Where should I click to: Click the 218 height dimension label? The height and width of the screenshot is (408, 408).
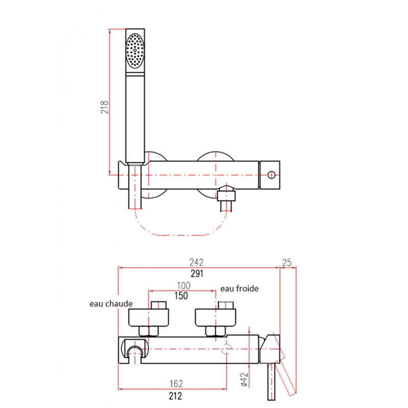click(x=105, y=107)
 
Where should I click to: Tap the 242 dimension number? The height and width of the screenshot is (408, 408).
click(x=196, y=262)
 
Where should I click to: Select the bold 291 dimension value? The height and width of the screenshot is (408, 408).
click(x=197, y=274)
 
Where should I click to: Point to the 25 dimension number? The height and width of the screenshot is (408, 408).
click(x=287, y=263)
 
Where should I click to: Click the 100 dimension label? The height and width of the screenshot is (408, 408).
click(x=184, y=286)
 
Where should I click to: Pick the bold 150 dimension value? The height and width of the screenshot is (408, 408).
click(x=181, y=296)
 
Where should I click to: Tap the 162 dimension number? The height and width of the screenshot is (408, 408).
click(x=176, y=384)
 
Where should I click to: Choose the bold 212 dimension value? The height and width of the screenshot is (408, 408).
click(x=175, y=396)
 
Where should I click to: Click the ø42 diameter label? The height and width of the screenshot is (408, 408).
click(x=244, y=379)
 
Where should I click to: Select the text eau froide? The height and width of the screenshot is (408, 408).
click(x=239, y=289)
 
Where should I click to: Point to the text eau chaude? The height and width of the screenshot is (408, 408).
click(x=111, y=303)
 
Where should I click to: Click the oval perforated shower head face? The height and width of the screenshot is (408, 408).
click(x=135, y=50)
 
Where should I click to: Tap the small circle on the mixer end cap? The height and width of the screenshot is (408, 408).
click(x=271, y=175)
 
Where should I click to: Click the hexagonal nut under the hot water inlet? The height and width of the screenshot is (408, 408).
click(x=148, y=331)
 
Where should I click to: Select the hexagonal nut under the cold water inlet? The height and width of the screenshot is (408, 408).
click(x=215, y=331)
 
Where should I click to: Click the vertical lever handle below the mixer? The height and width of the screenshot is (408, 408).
click(x=271, y=381)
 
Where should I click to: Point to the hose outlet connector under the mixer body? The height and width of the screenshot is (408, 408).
click(x=226, y=198)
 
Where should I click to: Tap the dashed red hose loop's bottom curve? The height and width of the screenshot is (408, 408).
click(x=181, y=235)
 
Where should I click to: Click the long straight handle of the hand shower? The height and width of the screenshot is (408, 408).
click(x=135, y=118)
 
